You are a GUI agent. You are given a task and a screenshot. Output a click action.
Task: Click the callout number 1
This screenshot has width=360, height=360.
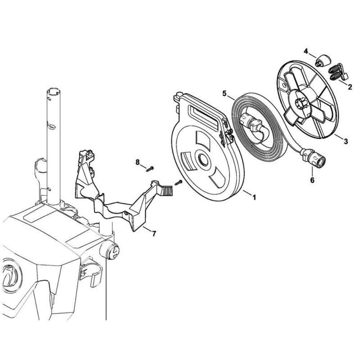tap(254, 197)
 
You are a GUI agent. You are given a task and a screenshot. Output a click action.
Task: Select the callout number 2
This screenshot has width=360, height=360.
tap(350, 87)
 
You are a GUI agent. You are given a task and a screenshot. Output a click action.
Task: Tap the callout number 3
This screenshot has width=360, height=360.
tap(346, 141)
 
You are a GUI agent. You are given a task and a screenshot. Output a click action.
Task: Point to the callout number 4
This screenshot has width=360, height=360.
tap(306, 51)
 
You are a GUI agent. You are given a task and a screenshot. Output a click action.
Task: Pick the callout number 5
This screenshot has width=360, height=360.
tap(224, 94)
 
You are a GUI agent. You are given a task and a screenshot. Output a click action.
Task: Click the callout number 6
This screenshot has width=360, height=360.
tap(312, 174)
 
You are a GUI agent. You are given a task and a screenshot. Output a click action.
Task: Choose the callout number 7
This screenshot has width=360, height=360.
tap(154, 234)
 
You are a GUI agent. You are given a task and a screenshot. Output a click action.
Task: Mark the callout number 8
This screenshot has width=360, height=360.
tap(138, 162)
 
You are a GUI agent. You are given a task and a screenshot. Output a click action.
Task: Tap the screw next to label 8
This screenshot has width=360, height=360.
tap(150, 169)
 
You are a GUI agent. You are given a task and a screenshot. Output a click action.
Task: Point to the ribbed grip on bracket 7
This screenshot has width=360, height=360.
tap(168, 191)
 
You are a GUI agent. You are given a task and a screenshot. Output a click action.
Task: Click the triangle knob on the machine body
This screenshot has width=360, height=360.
tap(113, 249)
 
